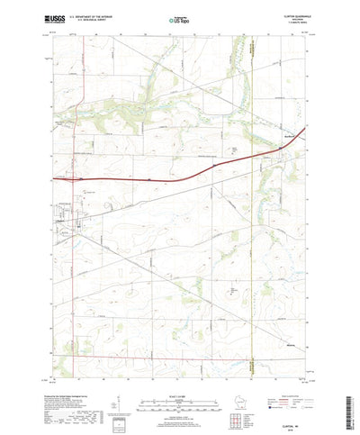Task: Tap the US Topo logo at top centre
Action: (x=179, y=17)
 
